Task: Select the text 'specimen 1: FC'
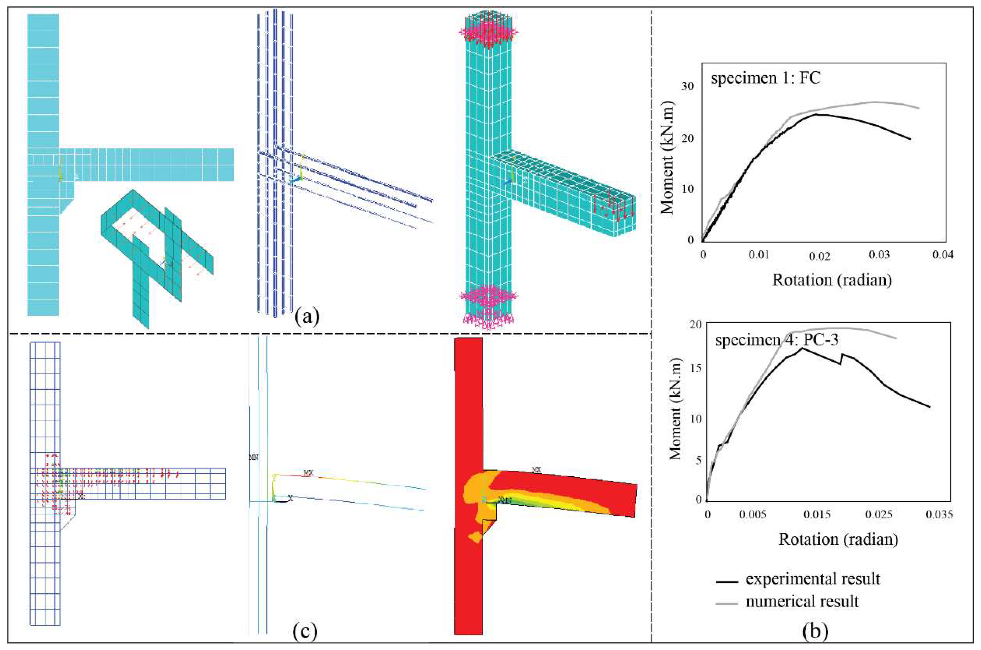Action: pos(766,78)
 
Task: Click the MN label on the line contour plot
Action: pos(253,457)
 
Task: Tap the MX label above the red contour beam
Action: pos(536,470)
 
